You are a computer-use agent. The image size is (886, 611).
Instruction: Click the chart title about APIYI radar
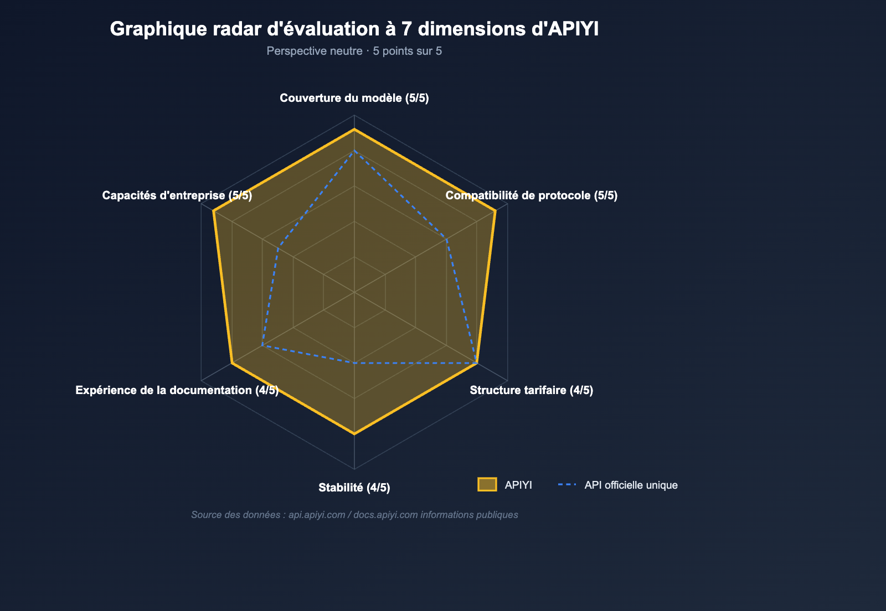click(354, 29)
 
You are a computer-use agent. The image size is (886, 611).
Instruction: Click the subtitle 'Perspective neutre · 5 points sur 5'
click(354, 51)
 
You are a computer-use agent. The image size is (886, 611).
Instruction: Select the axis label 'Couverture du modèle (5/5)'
click(354, 99)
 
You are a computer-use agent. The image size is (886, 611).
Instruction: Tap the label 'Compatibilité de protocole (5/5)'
click(531, 195)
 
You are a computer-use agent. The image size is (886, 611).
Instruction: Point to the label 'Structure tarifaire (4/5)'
click(531, 390)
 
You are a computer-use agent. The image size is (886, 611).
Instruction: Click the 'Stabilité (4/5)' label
click(354, 488)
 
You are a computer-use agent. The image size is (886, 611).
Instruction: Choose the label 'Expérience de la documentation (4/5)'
click(177, 390)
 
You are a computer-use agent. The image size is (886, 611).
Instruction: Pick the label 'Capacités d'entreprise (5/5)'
click(177, 195)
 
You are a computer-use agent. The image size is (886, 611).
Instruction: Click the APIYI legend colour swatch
click(487, 485)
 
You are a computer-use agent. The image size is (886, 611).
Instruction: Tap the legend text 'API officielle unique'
click(631, 485)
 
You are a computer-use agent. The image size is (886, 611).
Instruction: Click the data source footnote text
click(354, 515)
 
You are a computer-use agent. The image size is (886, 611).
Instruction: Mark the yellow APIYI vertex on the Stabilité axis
click(354, 434)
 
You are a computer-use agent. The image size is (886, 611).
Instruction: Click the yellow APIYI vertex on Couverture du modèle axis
click(354, 129)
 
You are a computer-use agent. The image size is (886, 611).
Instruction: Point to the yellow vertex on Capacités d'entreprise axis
click(213, 210)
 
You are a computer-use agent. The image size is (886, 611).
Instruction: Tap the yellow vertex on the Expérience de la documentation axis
click(231, 363)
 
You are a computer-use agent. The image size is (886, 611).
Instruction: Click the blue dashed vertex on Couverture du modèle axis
click(354, 151)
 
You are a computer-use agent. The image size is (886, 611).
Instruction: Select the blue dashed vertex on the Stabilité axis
click(354, 363)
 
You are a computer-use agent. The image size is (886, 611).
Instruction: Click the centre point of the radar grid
click(354, 292)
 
